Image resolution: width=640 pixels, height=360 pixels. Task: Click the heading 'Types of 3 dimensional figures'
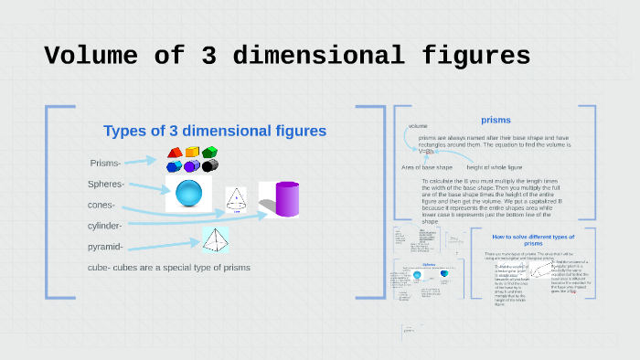pyautogui.click(x=215, y=132)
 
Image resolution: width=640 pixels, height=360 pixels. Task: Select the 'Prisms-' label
pyautogui.click(x=105, y=164)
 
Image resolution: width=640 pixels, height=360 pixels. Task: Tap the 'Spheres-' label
pyautogui.click(x=106, y=185)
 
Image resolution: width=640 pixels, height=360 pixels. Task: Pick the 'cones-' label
pyautogui.click(x=101, y=205)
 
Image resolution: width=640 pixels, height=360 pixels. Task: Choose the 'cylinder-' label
pyautogui.click(x=105, y=225)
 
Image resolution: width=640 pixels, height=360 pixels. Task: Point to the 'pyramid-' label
pyautogui.click(x=105, y=247)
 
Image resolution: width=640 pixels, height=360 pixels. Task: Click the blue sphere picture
pyautogui.click(x=188, y=194)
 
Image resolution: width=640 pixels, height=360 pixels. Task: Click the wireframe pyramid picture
pyautogui.click(x=216, y=239)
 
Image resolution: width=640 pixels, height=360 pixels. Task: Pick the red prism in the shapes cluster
pyautogui.click(x=174, y=154)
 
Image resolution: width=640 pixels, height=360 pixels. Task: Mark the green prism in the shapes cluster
pyautogui.click(x=210, y=152)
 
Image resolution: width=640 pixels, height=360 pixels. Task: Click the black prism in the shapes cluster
pyautogui.click(x=210, y=165)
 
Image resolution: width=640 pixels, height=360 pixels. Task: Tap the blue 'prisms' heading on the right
pyautogui.click(x=496, y=120)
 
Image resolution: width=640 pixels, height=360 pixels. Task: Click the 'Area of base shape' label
pyautogui.click(x=426, y=167)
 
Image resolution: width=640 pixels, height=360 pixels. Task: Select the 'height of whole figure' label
pyautogui.click(x=495, y=167)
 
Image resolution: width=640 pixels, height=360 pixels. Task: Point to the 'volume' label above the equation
pyautogui.click(x=418, y=126)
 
